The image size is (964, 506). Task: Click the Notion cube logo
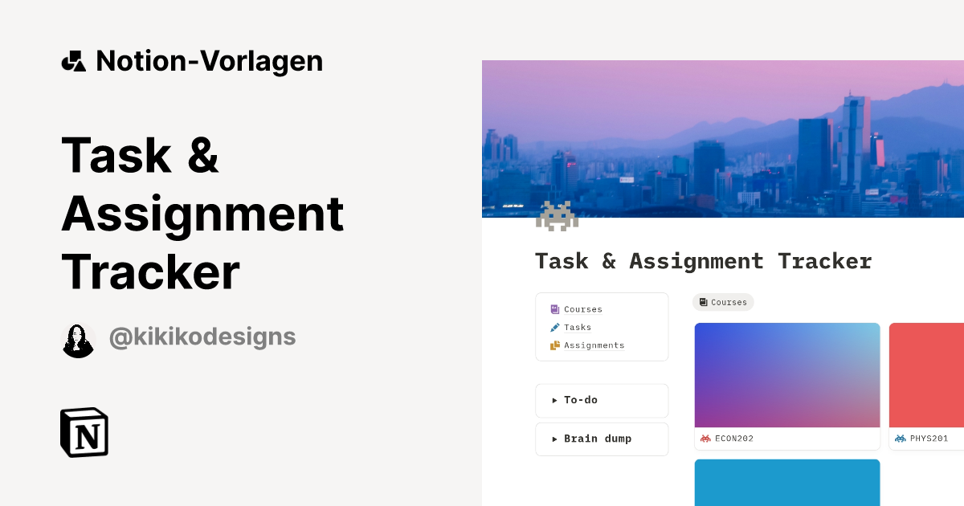[x=84, y=432]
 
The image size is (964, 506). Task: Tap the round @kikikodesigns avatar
[x=79, y=341]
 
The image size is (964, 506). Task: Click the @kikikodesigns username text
[x=202, y=337]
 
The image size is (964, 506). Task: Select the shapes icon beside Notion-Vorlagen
[x=74, y=61]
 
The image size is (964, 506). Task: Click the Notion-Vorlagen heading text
[x=209, y=61]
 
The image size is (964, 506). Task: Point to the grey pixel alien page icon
[x=557, y=215]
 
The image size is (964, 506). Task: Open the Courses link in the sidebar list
[x=582, y=309]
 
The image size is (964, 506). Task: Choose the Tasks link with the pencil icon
[x=577, y=328]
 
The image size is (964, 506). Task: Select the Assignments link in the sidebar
[x=594, y=345]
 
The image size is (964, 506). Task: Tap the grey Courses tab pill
[x=723, y=302]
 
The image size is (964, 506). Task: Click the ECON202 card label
[x=733, y=439]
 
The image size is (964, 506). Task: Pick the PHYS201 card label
[x=929, y=439]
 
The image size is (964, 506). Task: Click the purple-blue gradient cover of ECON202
[x=787, y=374]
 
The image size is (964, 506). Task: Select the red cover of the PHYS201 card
[x=926, y=374]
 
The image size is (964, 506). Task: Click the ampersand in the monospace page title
[x=609, y=261]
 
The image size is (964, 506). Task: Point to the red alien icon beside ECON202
[x=705, y=439]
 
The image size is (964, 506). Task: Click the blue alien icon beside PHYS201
[x=900, y=439]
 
